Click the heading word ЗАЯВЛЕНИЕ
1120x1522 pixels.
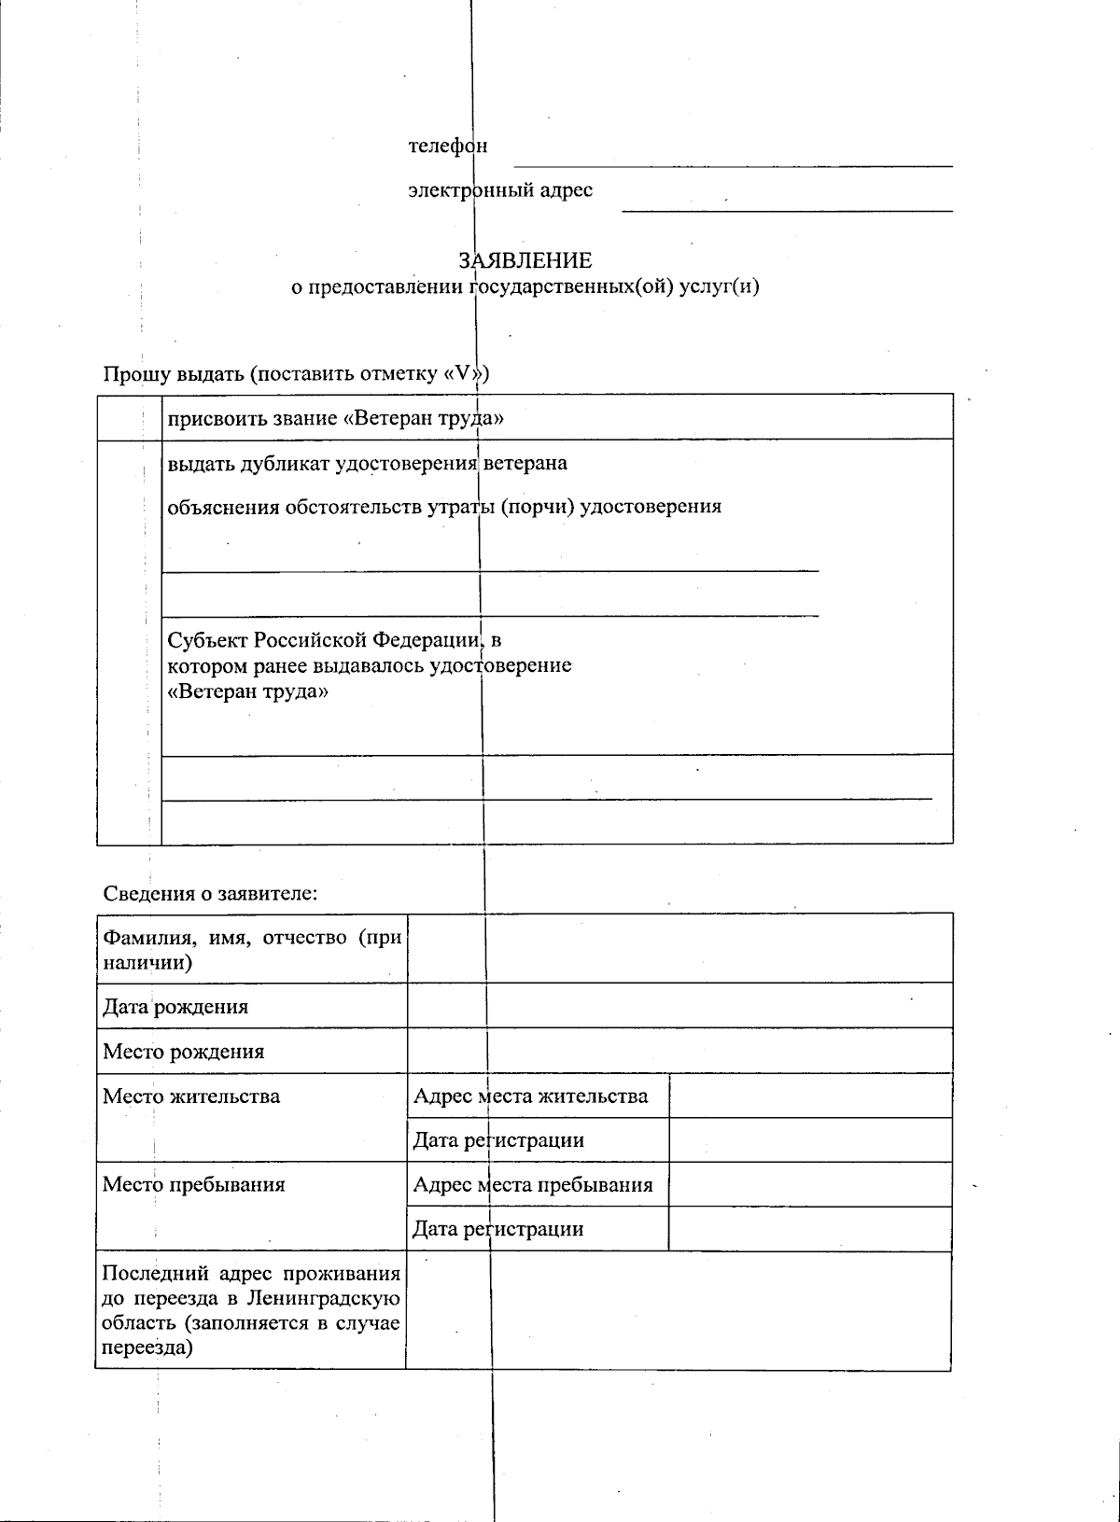pyautogui.click(x=525, y=260)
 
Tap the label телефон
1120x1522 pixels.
pyautogui.click(x=447, y=147)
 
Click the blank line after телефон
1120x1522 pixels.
pyautogui.click(x=733, y=159)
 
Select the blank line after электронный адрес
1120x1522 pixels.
pyautogui.click(x=787, y=202)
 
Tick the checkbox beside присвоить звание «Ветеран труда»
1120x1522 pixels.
pyautogui.click(x=129, y=417)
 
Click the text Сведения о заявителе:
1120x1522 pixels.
pyautogui.click(x=211, y=893)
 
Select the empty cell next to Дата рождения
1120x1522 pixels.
pyautogui.click(x=679, y=1006)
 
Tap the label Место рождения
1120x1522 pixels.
pyautogui.click(x=184, y=1052)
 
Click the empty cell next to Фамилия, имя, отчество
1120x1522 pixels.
pyautogui.click(x=679, y=948)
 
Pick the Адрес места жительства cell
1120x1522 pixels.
pyautogui.click(x=530, y=1096)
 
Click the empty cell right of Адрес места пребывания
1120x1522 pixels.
pyautogui.click(x=810, y=1185)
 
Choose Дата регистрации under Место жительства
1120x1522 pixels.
pyautogui.click(x=498, y=1140)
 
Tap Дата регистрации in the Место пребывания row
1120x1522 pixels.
pyautogui.click(x=498, y=1229)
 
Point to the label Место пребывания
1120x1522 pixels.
pyautogui.click(x=193, y=1185)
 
